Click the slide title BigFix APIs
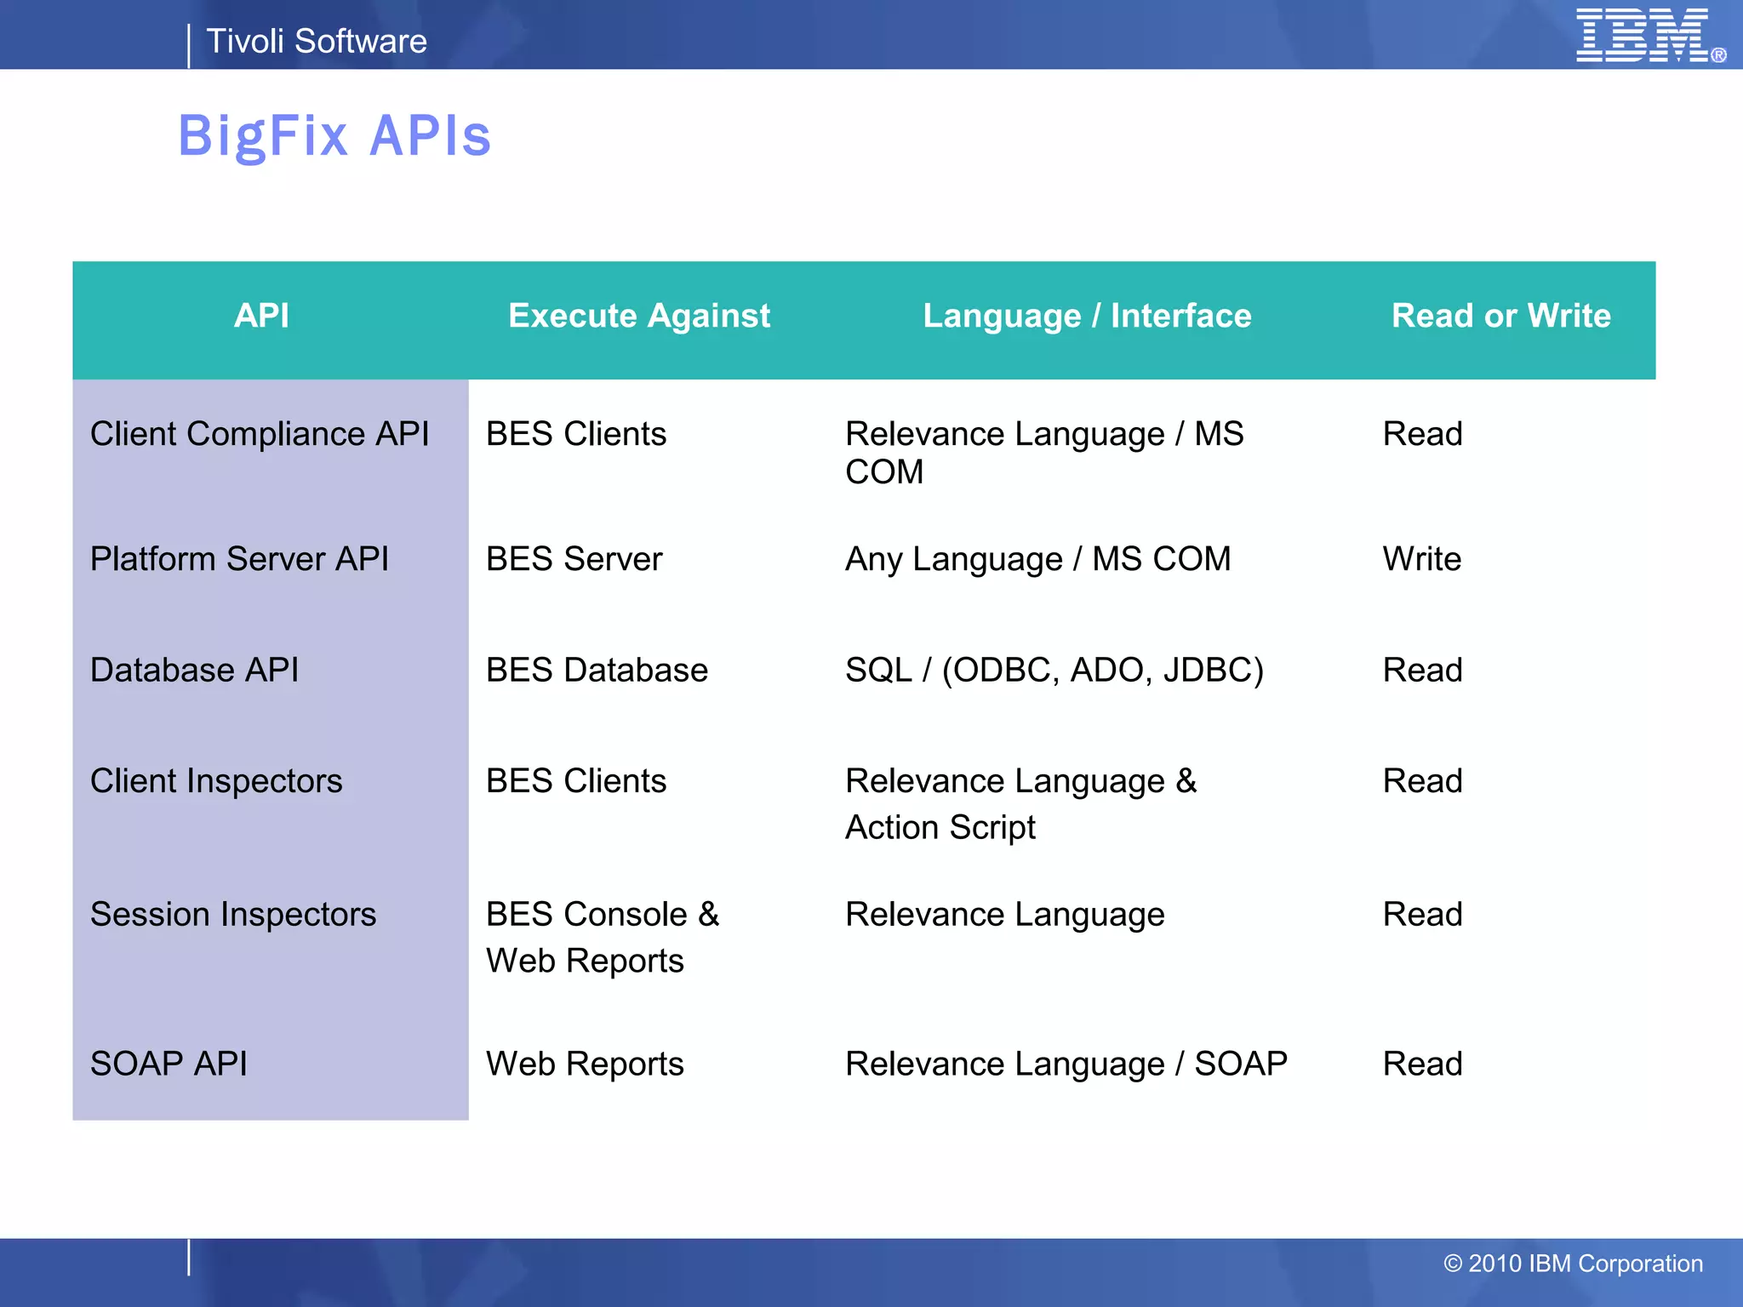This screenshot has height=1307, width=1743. tap(334, 136)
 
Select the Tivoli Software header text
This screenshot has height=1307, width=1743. tap(317, 41)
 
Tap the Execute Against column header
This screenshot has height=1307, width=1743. tap(639, 316)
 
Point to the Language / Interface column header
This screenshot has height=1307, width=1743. tap(1087, 316)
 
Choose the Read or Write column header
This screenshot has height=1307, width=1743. tap(1500, 316)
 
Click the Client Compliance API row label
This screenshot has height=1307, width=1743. tap(260, 434)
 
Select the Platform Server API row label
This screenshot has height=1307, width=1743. tap(239, 559)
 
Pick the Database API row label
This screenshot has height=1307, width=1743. tap(194, 670)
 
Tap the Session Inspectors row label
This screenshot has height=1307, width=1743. tap(233, 915)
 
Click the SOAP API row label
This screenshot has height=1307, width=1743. tap(169, 1064)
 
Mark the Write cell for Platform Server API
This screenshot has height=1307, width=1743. tap(1421, 559)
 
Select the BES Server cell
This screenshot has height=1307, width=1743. tap(574, 559)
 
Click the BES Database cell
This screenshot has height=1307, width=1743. tap(597, 670)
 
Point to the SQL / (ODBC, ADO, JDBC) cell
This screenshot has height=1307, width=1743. tap(1054, 670)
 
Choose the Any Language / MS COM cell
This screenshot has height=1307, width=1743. tap(1037, 559)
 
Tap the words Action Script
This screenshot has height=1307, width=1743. tap(940, 827)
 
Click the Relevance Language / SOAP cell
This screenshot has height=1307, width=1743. tap(1066, 1064)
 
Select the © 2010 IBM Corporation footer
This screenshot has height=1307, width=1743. tap(1573, 1264)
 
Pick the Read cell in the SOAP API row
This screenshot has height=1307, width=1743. tap(1422, 1064)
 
